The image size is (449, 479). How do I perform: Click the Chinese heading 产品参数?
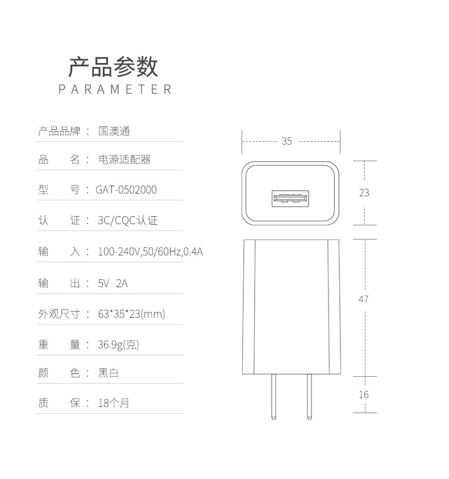tap(113, 67)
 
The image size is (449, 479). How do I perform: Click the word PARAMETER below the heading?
tap(115, 90)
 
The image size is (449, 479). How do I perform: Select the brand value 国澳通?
tap(114, 131)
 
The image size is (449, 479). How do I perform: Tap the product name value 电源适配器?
tap(124, 159)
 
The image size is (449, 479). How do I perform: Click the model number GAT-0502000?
tap(126, 190)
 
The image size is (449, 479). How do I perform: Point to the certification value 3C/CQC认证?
tap(128, 220)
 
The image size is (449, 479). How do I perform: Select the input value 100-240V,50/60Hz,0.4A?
tap(150, 251)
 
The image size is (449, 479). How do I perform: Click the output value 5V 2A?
tap(113, 283)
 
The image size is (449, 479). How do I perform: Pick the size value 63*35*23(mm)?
tap(131, 314)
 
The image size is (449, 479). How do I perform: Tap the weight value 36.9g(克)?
tap(118, 344)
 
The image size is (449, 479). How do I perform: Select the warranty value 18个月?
tap(114, 403)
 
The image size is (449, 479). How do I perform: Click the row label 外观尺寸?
tap(59, 314)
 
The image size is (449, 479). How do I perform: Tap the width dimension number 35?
tap(286, 141)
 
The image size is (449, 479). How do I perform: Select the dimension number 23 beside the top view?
tap(364, 193)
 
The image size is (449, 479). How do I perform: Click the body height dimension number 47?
tap(364, 299)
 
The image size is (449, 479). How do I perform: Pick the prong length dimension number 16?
tap(364, 394)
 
